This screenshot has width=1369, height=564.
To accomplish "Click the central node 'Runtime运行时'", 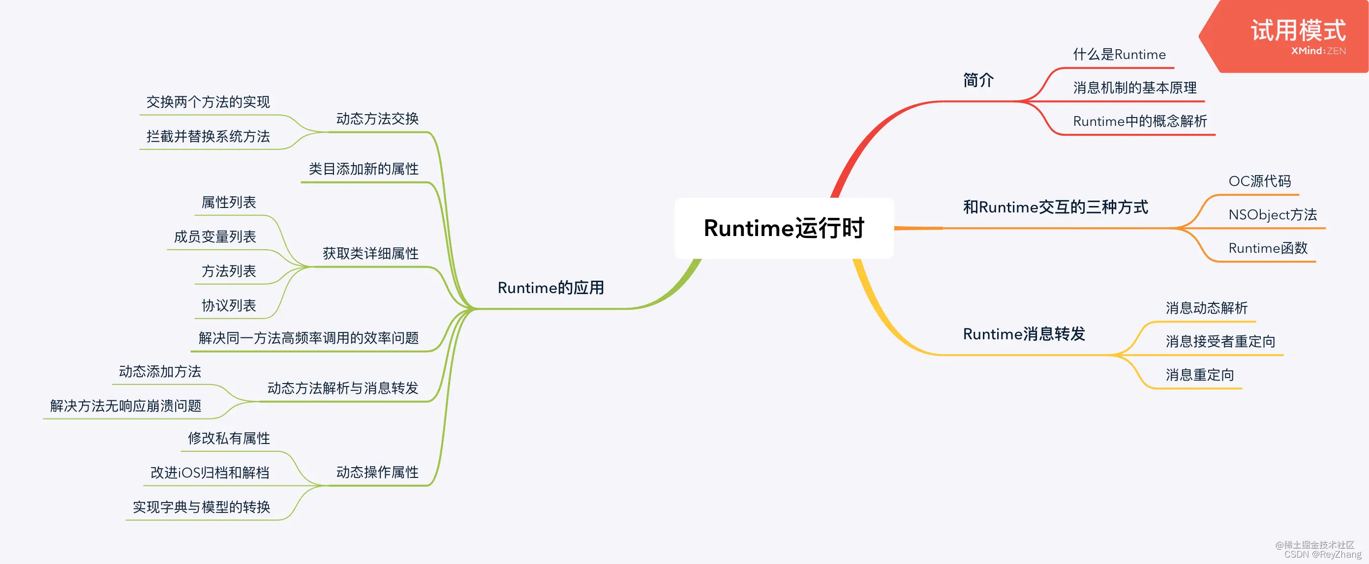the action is (x=784, y=228).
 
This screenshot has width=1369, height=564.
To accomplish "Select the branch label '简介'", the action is (x=978, y=80).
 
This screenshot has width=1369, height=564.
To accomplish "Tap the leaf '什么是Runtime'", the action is (x=1119, y=54).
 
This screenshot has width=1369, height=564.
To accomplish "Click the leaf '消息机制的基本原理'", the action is (x=1135, y=88).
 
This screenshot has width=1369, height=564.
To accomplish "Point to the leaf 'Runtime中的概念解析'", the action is (x=1140, y=121).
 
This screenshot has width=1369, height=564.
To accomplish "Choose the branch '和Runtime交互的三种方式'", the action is (x=1056, y=207).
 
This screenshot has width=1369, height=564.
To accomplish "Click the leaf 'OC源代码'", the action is (x=1259, y=181).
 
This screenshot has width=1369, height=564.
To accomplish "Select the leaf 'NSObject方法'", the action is (x=1273, y=214).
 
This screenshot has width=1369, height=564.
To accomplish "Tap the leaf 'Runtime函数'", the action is (x=1268, y=248).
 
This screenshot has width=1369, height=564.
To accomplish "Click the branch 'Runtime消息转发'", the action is (x=1024, y=334).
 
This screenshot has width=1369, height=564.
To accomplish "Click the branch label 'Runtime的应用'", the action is (x=550, y=288).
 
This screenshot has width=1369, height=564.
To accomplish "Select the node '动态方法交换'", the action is (x=377, y=119).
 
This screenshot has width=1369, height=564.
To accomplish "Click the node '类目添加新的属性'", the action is (x=364, y=169).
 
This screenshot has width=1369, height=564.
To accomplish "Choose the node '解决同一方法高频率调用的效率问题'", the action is (x=308, y=338).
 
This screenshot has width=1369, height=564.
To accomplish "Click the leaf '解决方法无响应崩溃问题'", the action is (x=126, y=406).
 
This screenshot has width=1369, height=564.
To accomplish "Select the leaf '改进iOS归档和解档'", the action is (x=210, y=473).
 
